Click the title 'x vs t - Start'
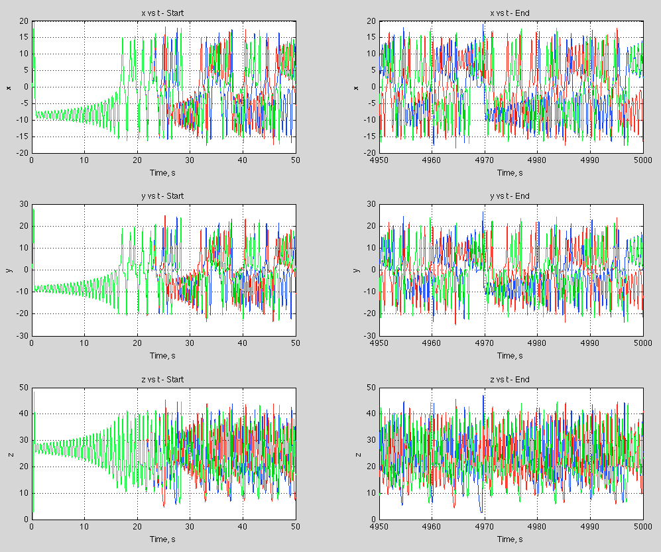(x=164, y=13)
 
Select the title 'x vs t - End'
(x=511, y=13)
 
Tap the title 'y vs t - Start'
(x=164, y=196)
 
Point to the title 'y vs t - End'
(x=511, y=196)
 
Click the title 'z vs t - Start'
(x=164, y=380)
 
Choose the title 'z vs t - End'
(x=511, y=380)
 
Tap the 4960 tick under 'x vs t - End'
(x=432, y=160)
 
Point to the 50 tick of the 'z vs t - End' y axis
(x=373, y=388)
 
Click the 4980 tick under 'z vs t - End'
(x=538, y=527)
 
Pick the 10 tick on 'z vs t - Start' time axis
(x=84, y=527)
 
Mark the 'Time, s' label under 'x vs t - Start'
(x=164, y=172)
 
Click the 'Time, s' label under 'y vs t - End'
(x=511, y=356)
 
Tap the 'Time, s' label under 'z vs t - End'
(x=511, y=539)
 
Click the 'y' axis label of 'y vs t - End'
(x=357, y=270)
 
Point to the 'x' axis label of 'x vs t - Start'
(x=9, y=87)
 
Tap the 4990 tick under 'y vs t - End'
(x=590, y=343)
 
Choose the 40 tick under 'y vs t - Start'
(x=243, y=343)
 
